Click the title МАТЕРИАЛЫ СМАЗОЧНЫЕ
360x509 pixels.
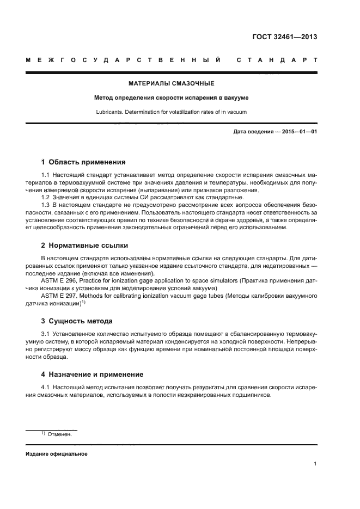coord(171,84)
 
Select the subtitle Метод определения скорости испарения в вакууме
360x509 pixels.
coord(171,98)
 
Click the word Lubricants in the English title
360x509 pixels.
coord(108,112)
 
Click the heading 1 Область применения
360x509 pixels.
coord(84,162)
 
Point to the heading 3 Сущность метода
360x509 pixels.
coord(77,321)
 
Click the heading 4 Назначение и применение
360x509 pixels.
coord(93,375)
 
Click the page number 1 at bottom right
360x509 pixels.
coord(315,464)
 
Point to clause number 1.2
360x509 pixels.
coord(46,197)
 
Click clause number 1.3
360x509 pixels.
coord(46,205)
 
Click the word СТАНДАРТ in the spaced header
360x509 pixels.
coord(277,60)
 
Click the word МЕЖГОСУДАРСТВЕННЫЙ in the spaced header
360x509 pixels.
coord(123,60)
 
